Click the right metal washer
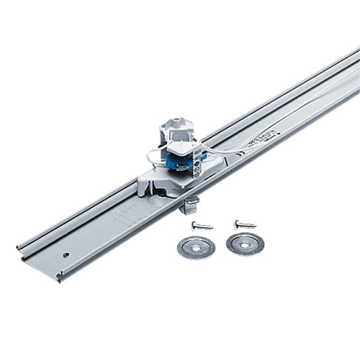[245, 243]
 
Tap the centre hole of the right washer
[245, 243]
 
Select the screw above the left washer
[201, 226]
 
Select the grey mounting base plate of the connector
[162, 187]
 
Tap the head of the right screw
[238, 223]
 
